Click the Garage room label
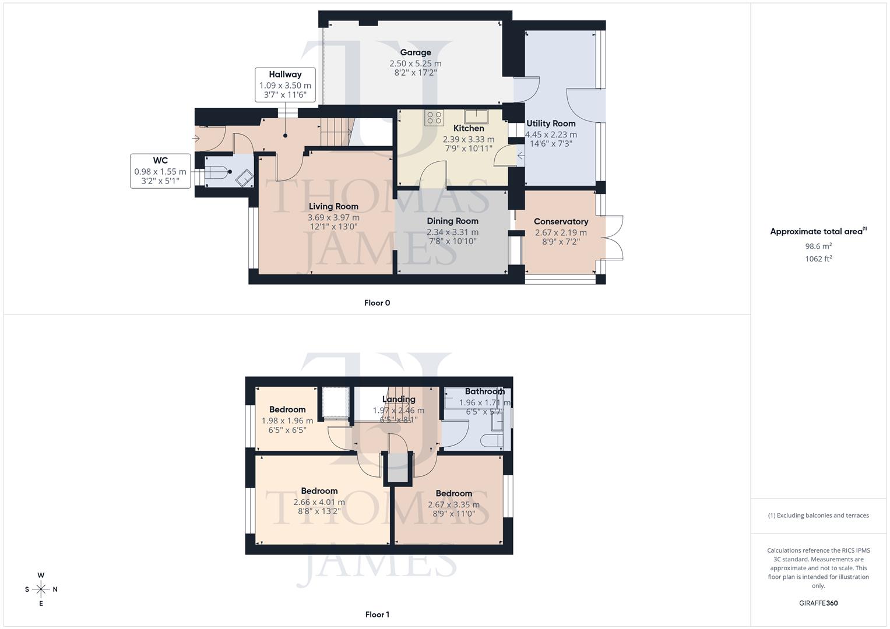point(416,52)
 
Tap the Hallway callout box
point(285,85)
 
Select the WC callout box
point(160,171)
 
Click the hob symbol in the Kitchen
point(434,118)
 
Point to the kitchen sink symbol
point(475,115)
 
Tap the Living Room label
point(333,206)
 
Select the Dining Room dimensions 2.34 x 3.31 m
point(452,232)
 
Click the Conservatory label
point(561,221)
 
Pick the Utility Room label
point(551,123)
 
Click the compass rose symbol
point(41,589)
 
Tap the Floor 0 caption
point(377,303)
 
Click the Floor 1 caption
point(377,614)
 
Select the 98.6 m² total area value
point(818,246)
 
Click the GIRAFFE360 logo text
point(818,603)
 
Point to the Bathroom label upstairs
point(484,391)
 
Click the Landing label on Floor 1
point(399,399)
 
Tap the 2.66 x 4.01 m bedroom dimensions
point(319,502)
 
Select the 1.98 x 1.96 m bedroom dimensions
point(287,420)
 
